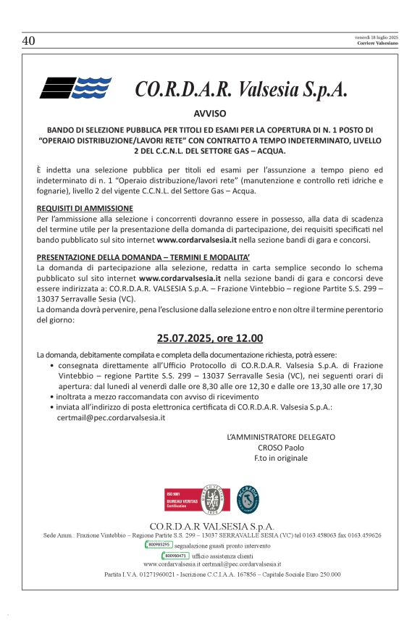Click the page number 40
[29, 41]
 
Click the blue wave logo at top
[75, 88]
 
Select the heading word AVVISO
[210, 113]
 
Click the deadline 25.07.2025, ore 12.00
[210, 338]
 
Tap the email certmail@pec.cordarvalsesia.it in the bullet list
[101, 417]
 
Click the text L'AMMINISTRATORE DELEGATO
[281, 438]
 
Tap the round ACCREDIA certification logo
[248, 499]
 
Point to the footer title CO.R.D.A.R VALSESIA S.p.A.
[211, 526]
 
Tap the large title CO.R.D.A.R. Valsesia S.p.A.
[241, 89]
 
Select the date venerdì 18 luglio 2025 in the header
[377, 37]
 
